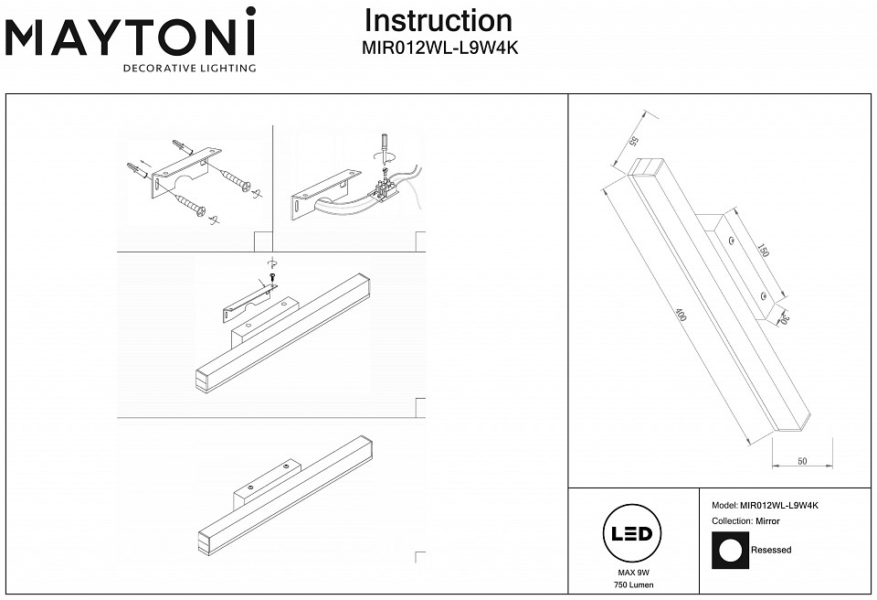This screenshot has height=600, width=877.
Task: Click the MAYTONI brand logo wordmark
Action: [x=131, y=37]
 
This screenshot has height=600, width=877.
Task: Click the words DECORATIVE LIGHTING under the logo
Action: [x=189, y=69]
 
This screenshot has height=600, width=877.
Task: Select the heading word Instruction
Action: [x=438, y=21]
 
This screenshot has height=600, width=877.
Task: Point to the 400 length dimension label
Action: [x=681, y=316]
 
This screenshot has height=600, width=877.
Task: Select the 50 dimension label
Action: [x=801, y=461]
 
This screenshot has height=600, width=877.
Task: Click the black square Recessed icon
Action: [x=730, y=551]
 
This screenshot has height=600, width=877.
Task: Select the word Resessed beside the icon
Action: [x=771, y=551]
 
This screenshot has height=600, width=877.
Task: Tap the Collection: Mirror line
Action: [x=745, y=520]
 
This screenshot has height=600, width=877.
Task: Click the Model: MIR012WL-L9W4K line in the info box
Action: [x=765, y=505]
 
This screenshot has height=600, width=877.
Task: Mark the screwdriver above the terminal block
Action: [x=386, y=149]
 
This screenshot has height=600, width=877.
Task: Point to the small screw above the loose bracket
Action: [x=272, y=278]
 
